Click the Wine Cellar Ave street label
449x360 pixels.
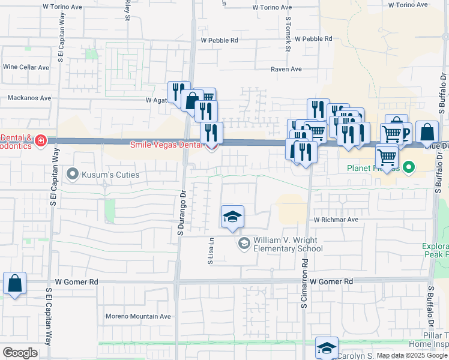26,67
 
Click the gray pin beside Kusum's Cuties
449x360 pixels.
73,175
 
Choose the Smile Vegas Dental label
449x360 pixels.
167,145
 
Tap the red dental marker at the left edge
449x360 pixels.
40,141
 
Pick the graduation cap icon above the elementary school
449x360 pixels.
232,217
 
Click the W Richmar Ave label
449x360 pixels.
335,220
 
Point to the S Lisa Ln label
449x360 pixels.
211,251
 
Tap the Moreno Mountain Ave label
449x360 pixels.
138,316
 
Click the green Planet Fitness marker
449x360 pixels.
408,167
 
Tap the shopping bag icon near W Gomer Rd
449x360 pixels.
14,283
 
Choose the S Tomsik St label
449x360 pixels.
288,35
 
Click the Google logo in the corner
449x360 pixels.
20,353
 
